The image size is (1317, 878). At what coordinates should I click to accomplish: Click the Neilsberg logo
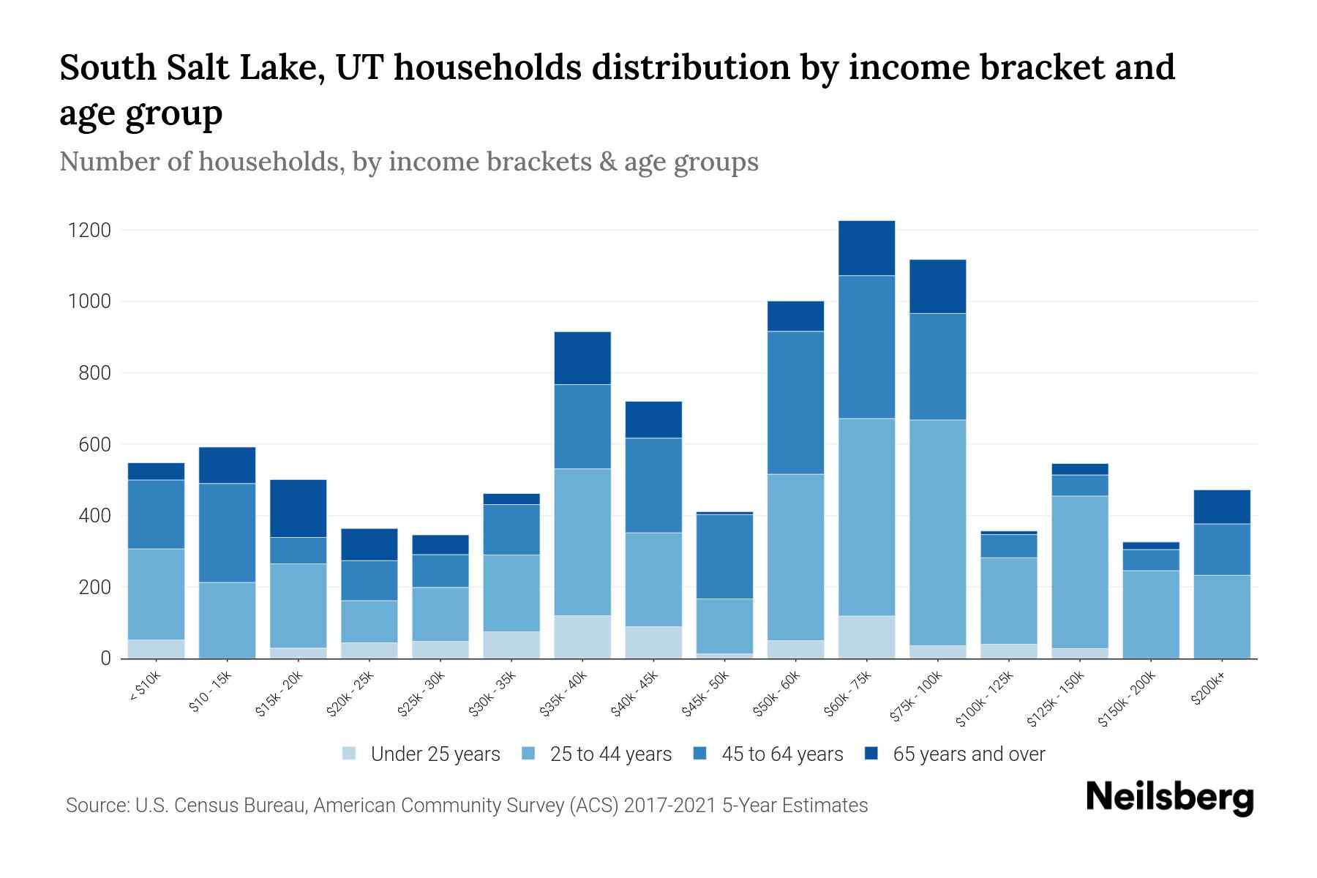(1169, 798)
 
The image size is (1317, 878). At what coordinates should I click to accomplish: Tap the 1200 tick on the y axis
(89, 230)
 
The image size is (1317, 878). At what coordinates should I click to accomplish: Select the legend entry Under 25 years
(435, 754)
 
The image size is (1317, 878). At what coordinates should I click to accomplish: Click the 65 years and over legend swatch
(871, 754)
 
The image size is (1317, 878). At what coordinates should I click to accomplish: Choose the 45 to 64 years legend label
(781, 754)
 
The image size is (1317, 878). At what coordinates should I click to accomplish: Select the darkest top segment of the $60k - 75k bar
(866, 248)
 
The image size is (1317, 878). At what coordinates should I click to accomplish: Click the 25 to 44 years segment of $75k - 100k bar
(937, 532)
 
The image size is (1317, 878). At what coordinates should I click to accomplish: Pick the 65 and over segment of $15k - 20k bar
(298, 509)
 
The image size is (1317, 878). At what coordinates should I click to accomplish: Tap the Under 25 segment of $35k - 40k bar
(582, 637)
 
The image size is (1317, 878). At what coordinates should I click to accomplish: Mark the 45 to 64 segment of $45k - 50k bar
(724, 556)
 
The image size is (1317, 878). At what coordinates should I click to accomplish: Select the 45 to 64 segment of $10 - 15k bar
(227, 533)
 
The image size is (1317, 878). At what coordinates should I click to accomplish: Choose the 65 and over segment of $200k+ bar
(1222, 507)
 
